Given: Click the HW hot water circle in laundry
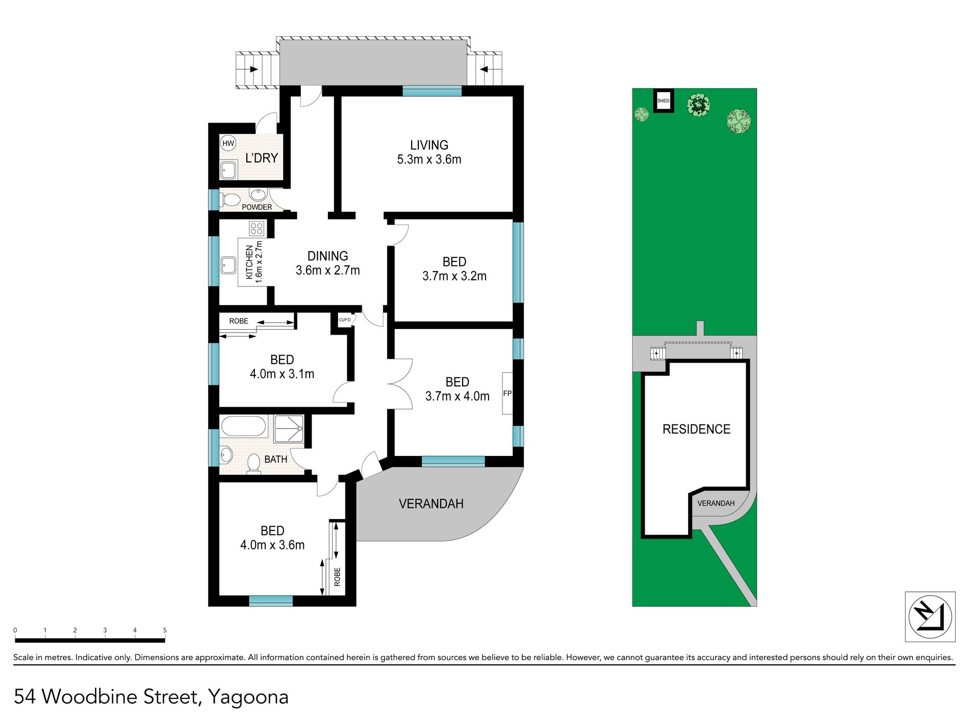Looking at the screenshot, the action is [x=228, y=144].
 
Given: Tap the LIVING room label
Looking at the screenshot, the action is [x=429, y=145].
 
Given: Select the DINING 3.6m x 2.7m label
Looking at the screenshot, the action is [x=328, y=263].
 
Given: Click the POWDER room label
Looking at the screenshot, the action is [x=257, y=207].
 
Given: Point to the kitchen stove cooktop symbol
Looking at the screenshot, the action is [x=257, y=228].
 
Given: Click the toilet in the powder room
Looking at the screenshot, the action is [x=230, y=200].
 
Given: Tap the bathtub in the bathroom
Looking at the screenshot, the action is [x=244, y=426].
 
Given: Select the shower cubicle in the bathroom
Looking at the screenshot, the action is [x=289, y=429].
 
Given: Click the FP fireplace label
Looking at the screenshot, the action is [x=507, y=393].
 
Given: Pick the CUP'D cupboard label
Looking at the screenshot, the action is [x=345, y=320].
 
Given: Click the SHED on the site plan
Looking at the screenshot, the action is [x=664, y=101].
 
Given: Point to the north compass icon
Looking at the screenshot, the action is [x=930, y=616].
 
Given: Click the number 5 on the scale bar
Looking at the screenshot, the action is [x=165, y=630].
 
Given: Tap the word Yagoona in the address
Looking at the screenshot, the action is [x=248, y=697].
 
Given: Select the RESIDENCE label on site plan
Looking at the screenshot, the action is [x=696, y=429].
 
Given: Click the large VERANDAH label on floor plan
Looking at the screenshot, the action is [x=431, y=504].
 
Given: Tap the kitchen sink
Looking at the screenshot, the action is [x=228, y=265].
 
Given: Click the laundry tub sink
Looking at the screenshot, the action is [x=228, y=170].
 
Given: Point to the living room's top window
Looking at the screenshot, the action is [x=432, y=91].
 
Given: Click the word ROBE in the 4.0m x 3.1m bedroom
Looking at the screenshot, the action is [x=239, y=321].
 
